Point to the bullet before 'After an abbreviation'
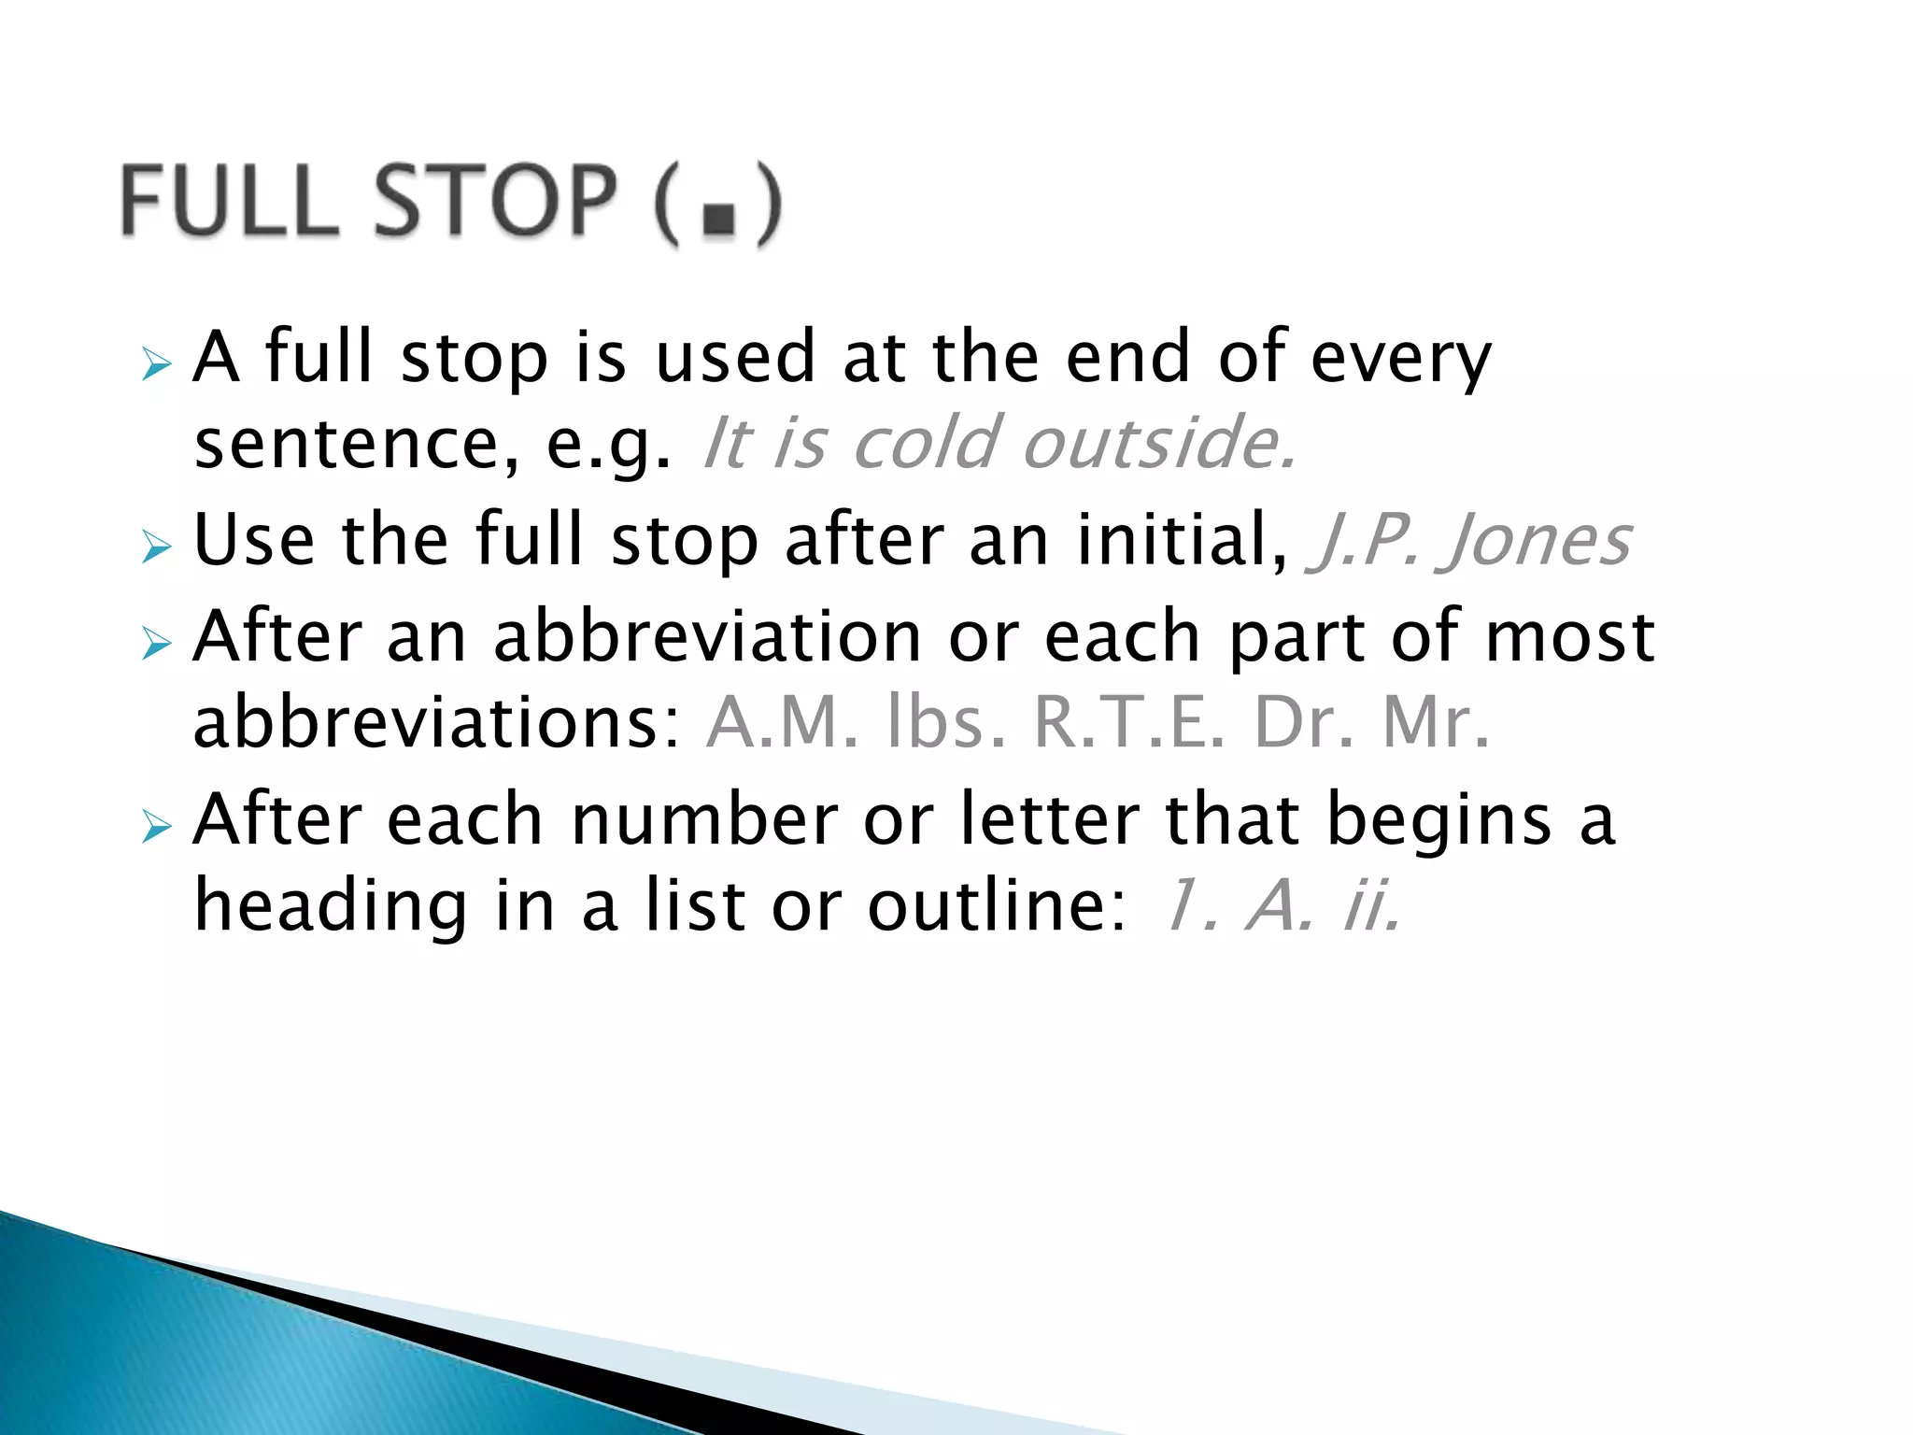157,643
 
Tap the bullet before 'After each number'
157,826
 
